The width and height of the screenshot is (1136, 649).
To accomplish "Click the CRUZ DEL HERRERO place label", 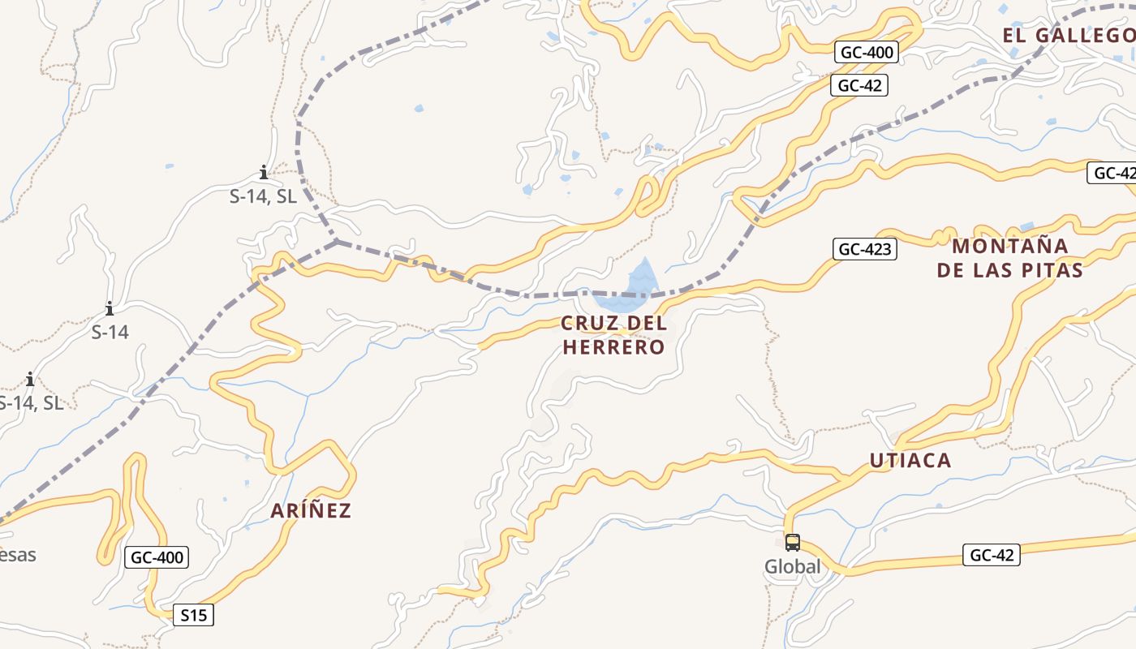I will pos(614,335).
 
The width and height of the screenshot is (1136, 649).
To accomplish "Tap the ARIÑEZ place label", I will pos(311,510).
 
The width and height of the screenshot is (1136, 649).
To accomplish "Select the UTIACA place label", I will pos(910,460).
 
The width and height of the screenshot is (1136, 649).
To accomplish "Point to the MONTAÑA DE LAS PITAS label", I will pos(1010,258).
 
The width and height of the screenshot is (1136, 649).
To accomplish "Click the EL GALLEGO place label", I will pos(1068,35).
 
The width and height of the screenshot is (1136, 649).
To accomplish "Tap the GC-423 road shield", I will pos(865,249).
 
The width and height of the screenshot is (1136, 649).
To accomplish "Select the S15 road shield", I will pos(194,616).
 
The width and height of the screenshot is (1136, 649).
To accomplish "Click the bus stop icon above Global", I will pos(793,543).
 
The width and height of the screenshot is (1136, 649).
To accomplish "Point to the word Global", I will pos(793,567).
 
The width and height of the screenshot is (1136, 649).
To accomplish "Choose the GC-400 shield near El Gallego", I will pos(867,53).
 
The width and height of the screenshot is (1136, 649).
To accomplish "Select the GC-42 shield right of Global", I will pos(992,556).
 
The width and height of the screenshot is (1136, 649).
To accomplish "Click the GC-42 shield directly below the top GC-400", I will pos(859,85).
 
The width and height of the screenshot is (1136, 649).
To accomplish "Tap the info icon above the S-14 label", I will pos(110,309).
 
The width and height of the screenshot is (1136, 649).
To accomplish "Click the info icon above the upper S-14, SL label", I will pos(264,172).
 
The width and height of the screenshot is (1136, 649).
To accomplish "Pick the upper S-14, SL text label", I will pos(263,196).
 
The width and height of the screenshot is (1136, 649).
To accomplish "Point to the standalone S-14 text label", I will pos(110,332).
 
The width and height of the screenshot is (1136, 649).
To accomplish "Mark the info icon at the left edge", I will pos(30,379).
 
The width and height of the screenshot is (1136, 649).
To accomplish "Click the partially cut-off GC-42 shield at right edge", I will pos(1112,173).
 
